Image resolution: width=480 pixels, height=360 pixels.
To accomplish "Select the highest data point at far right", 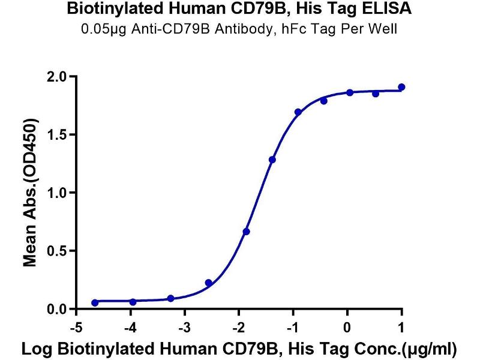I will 401,87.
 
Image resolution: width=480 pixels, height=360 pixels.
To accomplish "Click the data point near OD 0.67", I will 247,232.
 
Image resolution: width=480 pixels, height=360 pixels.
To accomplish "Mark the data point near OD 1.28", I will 272,160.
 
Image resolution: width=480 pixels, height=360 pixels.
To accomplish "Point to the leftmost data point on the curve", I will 95,303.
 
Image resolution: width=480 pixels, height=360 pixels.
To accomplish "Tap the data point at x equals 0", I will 349,92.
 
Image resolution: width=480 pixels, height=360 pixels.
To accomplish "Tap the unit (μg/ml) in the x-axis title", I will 428,348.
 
